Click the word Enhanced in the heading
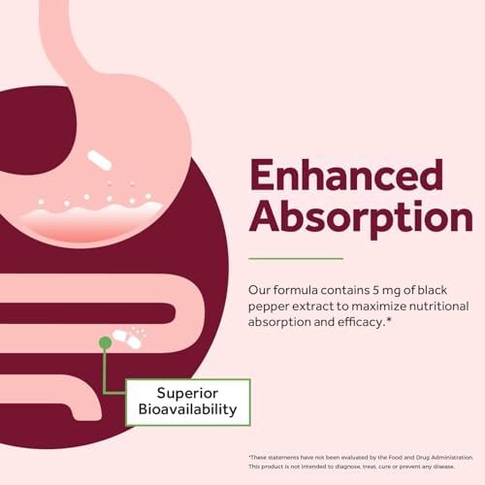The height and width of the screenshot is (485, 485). click(x=346, y=175)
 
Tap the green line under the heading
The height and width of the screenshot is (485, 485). click(x=296, y=259)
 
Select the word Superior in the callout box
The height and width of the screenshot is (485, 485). click(x=187, y=394)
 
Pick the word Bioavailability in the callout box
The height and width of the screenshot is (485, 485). click(x=187, y=409)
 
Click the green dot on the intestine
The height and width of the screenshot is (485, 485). click(x=105, y=342)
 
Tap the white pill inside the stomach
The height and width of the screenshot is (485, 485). click(x=99, y=160)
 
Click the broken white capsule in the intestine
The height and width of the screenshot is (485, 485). click(x=127, y=339)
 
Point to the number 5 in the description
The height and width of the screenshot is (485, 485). click(x=375, y=290)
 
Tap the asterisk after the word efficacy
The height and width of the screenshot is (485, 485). click(x=389, y=320)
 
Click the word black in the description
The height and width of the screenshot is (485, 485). click(x=433, y=290)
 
